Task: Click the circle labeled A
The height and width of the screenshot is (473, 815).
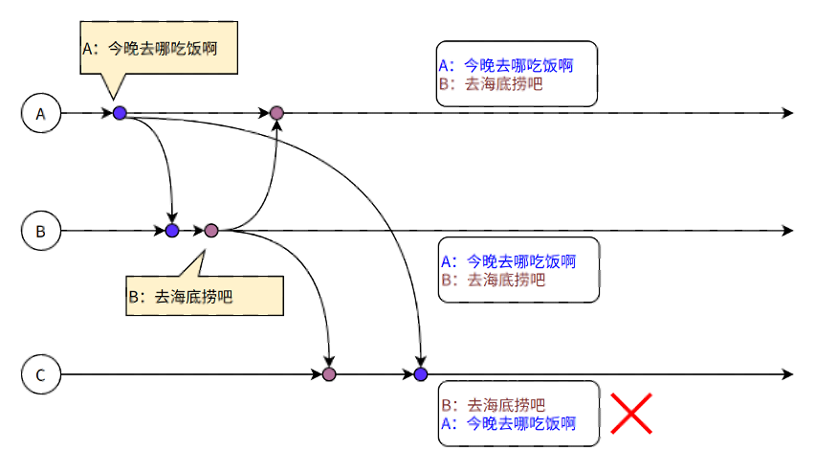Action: (x=41, y=113)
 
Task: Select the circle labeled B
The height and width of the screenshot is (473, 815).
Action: (x=41, y=231)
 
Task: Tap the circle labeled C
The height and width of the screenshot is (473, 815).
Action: (x=41, y=374)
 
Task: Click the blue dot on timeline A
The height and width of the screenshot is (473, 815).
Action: (x=120, y=113)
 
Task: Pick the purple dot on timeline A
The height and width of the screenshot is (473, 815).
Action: (x=276, y=113)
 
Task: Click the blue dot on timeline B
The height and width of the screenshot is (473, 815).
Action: (x=172, y=231)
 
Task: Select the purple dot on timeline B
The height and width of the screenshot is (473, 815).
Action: (x=211, y=231)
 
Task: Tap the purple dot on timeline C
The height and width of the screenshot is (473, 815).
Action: (x=329, y=373)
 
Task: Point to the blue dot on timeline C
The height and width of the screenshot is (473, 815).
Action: (x=420, y=373)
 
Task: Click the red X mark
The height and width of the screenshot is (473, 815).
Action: (x=631, y=413)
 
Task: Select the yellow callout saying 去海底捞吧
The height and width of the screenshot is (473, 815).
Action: (x=205, y=296)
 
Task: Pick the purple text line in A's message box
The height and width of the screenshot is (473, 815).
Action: (x=490, y=83)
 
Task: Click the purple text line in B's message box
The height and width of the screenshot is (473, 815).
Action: (x=493, y=280)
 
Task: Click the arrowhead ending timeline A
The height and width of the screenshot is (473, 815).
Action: (x=787, y=113)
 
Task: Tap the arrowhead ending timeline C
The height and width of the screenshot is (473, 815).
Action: (x=787, y=373)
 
